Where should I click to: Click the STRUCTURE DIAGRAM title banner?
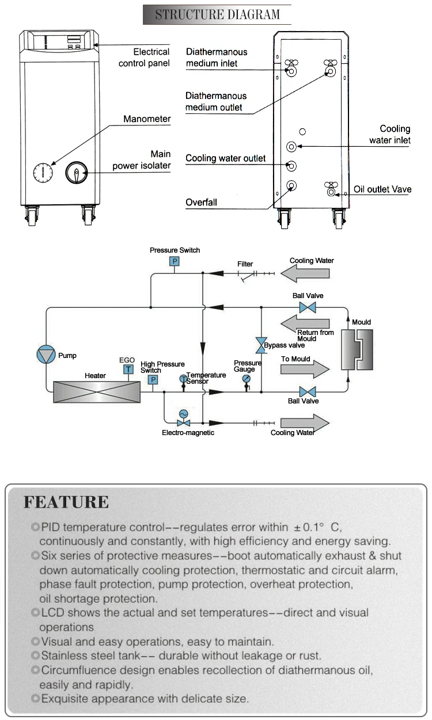217,14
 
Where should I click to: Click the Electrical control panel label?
144,58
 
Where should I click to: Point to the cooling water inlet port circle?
292,147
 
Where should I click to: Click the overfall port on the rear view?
292,185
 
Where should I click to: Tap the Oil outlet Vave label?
382,189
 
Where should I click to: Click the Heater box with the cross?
95,391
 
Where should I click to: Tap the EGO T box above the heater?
128,369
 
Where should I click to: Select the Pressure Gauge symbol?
247,379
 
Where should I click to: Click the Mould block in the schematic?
356,349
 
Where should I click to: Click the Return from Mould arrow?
305,322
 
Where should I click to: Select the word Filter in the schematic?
245,264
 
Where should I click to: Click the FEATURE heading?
66,502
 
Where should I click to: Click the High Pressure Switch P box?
153,380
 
